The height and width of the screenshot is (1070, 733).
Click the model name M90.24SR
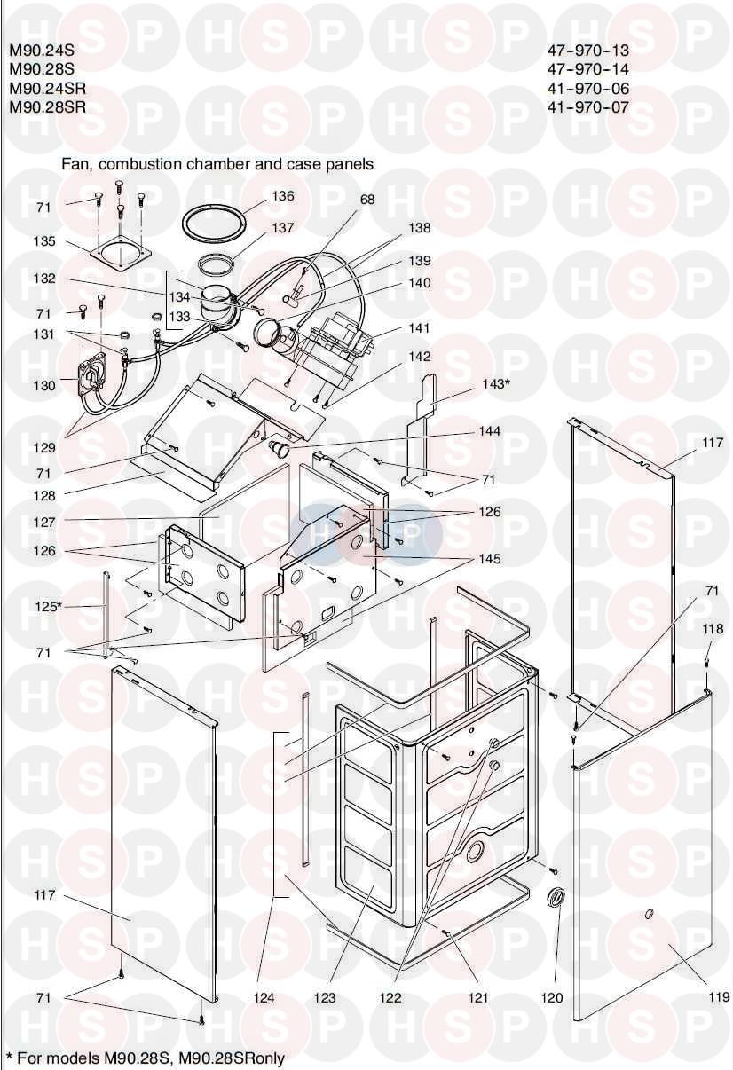click(48, 89)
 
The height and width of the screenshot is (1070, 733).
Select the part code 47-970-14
click(588, 69)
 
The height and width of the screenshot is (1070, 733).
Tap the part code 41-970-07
click(588, 106)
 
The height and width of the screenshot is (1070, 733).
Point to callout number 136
click(283, 196)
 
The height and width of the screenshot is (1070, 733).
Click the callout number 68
click(367, 200)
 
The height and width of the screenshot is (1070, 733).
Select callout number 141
click(419, 328)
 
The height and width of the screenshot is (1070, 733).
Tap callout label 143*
click(493, 383)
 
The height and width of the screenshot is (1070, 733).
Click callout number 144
click(490, 431)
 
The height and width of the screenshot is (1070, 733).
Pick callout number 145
click(490, 558)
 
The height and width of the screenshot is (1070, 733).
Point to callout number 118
click(713, 629)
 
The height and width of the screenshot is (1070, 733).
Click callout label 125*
click(49, 607)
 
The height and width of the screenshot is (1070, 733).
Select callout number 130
click(44, 385)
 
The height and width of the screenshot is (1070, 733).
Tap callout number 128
click(44, 496)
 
